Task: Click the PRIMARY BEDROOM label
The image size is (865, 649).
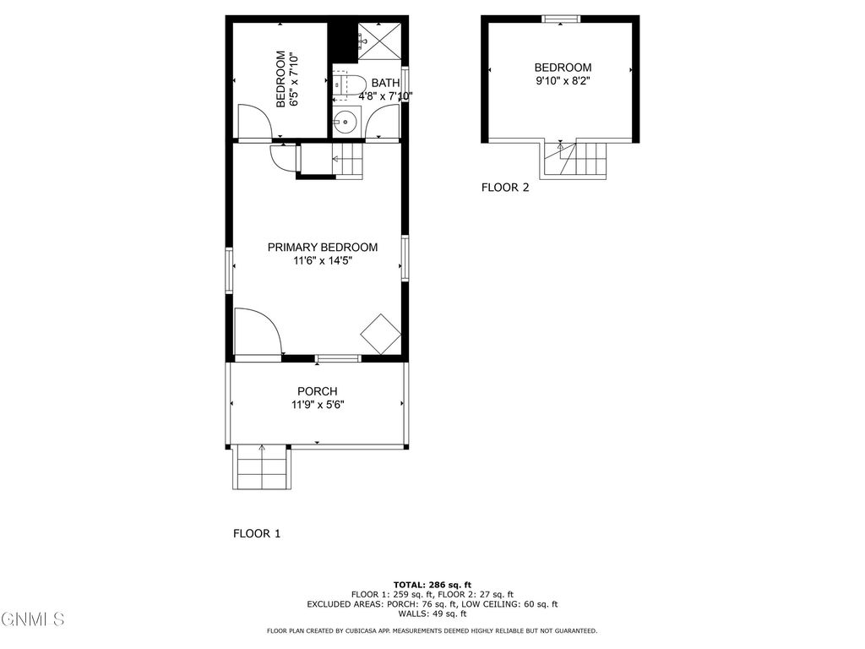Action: point(322,247)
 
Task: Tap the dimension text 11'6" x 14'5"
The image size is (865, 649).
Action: point(322,261)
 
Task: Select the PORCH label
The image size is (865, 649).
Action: point(317,391)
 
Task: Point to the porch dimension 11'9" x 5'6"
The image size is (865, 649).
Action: point(317,405)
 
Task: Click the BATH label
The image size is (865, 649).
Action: point(385,83)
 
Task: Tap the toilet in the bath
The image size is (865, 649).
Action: point(348,85)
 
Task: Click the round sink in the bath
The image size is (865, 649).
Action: point(345,123)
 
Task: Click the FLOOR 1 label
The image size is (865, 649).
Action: point(256,533)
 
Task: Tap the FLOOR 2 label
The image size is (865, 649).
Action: point(505,188)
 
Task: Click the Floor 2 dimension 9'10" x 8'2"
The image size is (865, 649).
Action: point(563,82)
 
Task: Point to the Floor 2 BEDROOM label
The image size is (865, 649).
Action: point(563,68)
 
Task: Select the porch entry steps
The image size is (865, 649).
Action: point(262,467)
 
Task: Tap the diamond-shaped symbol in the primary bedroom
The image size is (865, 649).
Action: point(380,334)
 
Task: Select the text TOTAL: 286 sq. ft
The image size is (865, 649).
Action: point(432,585)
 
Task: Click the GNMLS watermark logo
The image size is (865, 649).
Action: point(32,619)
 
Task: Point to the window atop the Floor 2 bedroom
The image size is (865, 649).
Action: point(560,19)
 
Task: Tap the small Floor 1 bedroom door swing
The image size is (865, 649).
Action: point(253,122)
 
